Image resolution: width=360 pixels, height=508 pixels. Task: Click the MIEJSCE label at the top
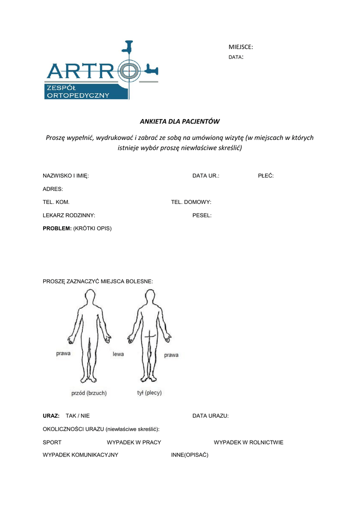(240, 47)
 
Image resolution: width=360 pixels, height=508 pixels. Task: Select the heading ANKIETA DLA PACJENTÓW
(179, 121)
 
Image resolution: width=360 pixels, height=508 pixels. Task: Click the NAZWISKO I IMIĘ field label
(66, 176)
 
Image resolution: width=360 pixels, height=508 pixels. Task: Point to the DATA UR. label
(206, 176)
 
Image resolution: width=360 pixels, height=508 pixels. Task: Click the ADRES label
(53, 189)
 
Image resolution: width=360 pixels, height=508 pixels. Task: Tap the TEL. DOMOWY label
(191, 202)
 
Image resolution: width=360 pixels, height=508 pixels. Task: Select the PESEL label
(202, 215)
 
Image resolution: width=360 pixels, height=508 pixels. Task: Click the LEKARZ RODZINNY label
(69, 215)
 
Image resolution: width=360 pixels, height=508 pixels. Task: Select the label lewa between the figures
(118, 354)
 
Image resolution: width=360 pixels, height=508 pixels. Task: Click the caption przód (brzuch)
(89, 393)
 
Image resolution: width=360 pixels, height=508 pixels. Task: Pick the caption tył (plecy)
(149, 393)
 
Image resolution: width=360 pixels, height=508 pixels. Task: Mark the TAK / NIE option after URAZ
(78, 416)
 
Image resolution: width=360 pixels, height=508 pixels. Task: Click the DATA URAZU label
(211, 416)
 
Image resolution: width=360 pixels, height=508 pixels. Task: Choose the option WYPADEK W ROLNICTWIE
(248, 442)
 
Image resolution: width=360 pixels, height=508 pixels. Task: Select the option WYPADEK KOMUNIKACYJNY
(80, 455)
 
